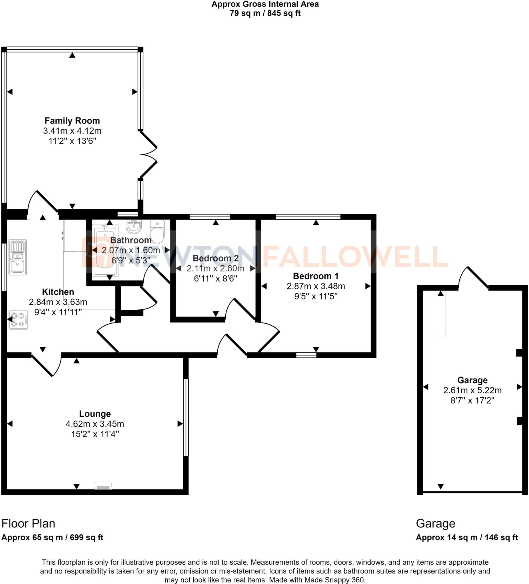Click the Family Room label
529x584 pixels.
click(x=72, y=121)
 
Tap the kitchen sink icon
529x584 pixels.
click(x=18, y=257)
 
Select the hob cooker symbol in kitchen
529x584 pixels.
click(x=18, y=320)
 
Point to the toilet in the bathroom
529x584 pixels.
click(x=158, y=232)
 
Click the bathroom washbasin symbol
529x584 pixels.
click(x=134, y=226)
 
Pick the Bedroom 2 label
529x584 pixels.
click(x=215, y=258)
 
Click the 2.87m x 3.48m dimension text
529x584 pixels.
click(x=316, y=286)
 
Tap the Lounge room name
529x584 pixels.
click(x=95, y=414)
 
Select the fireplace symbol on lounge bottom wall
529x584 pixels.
click(x=103, y=486)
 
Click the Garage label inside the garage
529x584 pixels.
click(x=472, y=380)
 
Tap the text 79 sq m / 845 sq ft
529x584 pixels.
click(x=265, y=13)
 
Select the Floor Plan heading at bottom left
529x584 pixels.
click(x=28, y=524)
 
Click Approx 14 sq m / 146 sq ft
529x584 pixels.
click(x=467, y=538)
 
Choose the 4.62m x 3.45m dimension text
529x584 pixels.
click(x=95, y=424)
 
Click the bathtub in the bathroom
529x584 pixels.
click(x=105, y=250)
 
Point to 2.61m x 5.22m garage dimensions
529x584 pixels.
click(x=472, y=390)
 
